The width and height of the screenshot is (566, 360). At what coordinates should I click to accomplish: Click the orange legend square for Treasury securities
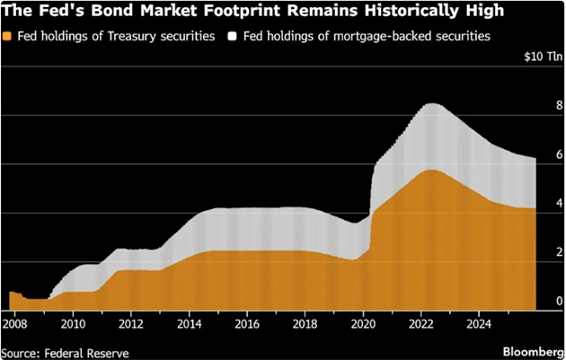click(x=9, y=37)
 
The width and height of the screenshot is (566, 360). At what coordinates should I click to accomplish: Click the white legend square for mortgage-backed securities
click(x=233, y=37)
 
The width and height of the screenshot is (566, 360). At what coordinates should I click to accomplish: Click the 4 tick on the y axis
click(x=557, y=203)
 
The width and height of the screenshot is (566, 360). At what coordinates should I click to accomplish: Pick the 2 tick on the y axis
click(x=557, y=252)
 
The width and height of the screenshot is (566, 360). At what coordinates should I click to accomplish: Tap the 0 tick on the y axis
click(x=557, y=301)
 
